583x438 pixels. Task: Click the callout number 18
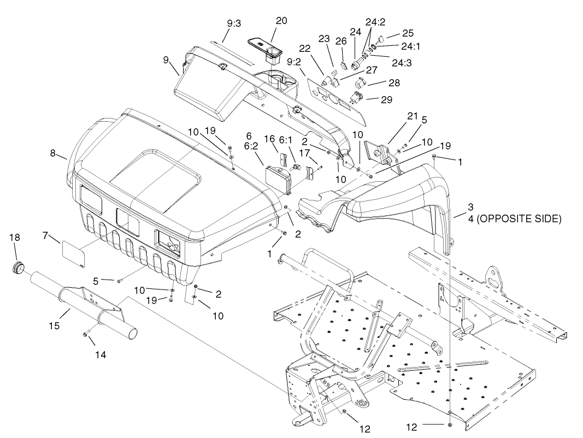pos(15,238)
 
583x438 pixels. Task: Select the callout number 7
pos(45,235)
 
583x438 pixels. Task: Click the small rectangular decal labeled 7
pos(74,253)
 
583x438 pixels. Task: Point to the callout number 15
pos(54,326)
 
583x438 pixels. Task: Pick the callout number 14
pos(101,355)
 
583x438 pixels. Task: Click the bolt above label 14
pos(86,335)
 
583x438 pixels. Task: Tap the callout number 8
pos(53,153)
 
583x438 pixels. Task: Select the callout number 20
pos(281,21)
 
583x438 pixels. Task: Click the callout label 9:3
pos(234,23)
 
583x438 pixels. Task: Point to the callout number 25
pos(408,33)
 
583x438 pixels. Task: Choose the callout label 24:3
pos(402,63)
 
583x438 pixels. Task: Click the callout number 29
pos(387,99)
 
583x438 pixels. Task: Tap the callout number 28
pos(394,82)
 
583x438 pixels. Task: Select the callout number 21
pos(413,116)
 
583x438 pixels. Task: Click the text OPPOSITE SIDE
pos(519,219)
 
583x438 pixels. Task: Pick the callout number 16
pos(269,139)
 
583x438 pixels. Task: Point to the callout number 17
pos(304,152)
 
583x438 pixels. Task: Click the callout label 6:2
pos(251,146)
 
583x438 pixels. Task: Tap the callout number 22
pos(304,49)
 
